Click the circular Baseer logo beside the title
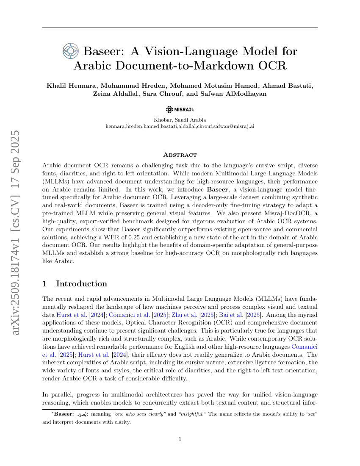pyautogui.click(x=71, y=51)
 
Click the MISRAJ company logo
pyautogui.click(x=180, y=109)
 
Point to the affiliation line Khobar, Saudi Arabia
pyautogui.click(x=180, y=120)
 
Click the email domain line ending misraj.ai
pyautogui.click(x=180, y=126)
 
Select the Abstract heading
pyautogui.click(x=180, y=155)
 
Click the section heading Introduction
pyautogui.click(x=81, y=284)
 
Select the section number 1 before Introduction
pyautogui.click(x=45, y=284)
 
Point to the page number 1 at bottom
pyautogui.click(x=180, y=439)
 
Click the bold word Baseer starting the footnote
pyautogui.click(x=64, y=414)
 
